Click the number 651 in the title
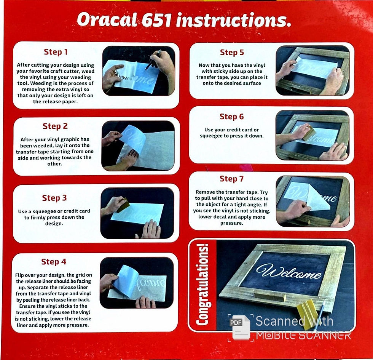(156, 20)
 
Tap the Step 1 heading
(56, 52)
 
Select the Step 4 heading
(54, 262)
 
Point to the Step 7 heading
(231, 179)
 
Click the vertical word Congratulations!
(202, 284)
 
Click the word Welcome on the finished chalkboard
(289, 272)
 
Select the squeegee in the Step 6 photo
(309, 133)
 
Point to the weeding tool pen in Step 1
(152, 60)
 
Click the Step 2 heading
(55, 126)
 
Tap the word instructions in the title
(233, 20)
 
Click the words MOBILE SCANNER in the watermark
(303, 336)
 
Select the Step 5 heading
(232, 53)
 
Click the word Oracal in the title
(107, 20)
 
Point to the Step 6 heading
(232, 117)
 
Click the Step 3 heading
(54, 198)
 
